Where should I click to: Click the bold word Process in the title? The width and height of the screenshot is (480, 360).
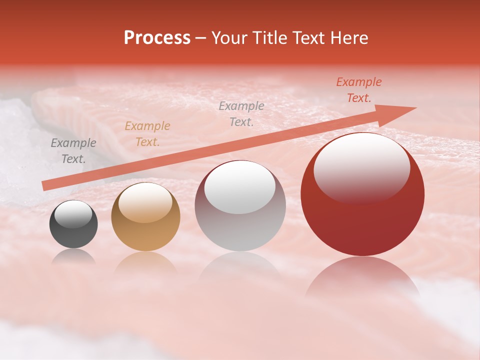157,38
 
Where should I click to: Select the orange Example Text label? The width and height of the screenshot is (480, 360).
147,134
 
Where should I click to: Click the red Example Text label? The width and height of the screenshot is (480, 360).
359,90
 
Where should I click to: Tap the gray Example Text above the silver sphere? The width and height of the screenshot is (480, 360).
241,113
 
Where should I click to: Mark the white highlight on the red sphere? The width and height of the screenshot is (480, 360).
361,167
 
